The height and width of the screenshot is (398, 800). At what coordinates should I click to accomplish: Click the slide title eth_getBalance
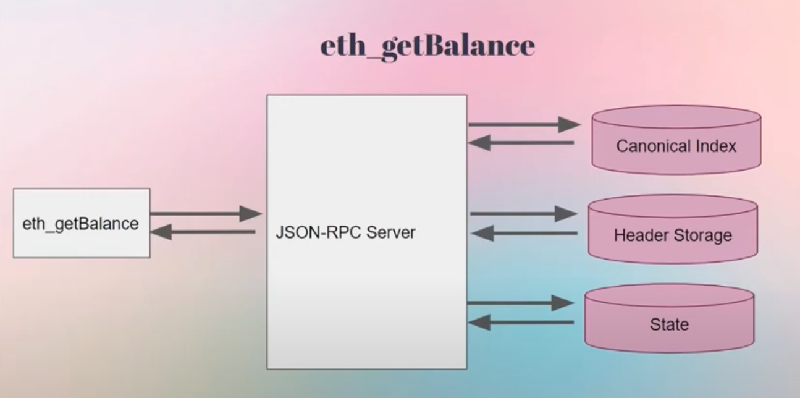pyautogui.click(x=427, y=47)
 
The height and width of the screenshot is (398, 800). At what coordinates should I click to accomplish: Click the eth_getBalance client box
pyautogui.click(x=81, y=223)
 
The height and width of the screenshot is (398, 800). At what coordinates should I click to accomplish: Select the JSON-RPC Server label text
pyautogui.click(x=345, y=233)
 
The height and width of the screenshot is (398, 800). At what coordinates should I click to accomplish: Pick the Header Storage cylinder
pyautogui.click(x=673, y=229)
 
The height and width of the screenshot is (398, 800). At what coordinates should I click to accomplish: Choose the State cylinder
pyautogui.click(x=669, y=318)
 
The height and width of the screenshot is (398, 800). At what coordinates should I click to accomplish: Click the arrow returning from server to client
pyautogui.click(x=203, y=232)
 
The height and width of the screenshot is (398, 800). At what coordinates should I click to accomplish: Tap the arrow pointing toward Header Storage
pyautogui.click(x=523, y=214)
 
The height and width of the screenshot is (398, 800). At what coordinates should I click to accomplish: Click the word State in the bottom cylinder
pyautogui.click(x=669, y=324)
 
